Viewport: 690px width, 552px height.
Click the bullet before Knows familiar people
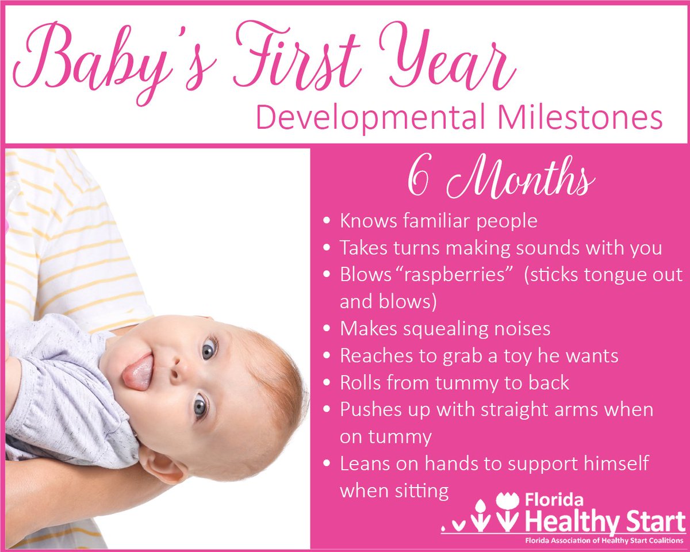point(327,221)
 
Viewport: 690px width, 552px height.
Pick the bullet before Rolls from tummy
point(327,383)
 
